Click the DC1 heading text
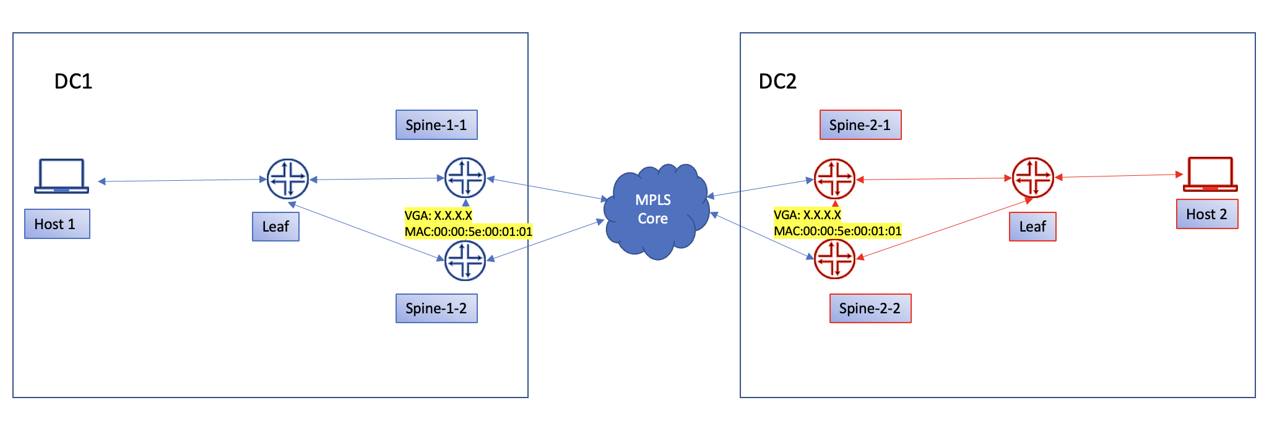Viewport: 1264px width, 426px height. pos(73,82)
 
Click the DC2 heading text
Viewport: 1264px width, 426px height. pos(777,82)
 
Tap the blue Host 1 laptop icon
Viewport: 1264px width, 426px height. pos(61,176)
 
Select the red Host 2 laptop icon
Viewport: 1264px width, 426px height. pos(1210,175)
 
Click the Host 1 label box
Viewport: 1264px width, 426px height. pos(57,224)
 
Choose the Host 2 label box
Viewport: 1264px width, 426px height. pos(1206,214)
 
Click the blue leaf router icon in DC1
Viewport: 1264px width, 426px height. pos(287,179)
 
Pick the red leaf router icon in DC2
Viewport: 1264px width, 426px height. pos(1032,178)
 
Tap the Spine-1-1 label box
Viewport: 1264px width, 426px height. pos(436,125)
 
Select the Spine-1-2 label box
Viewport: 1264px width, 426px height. pos(436,308)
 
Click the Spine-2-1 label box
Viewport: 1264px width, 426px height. pos(860,125)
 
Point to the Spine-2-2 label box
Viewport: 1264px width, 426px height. pos(870,308)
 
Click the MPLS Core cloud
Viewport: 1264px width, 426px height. pos(655,211)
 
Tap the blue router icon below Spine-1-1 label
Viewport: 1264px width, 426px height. pos(465,178)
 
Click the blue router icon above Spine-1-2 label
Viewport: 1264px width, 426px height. pos(465,260)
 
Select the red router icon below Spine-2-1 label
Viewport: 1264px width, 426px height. pos(834,179)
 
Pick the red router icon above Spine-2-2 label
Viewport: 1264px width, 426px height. pos(834,259)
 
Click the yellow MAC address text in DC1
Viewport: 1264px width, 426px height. pos(468,232)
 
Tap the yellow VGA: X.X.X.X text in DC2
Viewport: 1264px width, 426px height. pos(807,215)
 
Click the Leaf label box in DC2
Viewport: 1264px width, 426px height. pos(1032,227)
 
